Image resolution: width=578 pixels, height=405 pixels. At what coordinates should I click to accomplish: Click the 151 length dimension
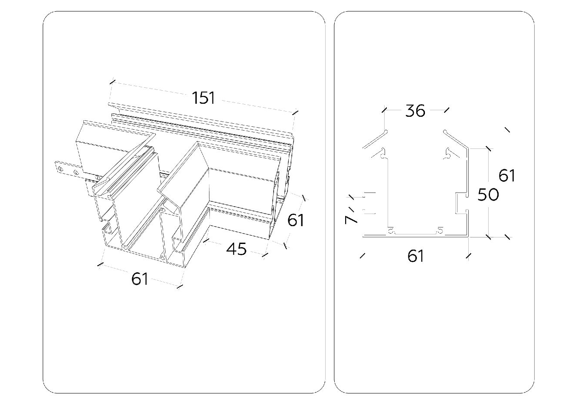pos(204,98)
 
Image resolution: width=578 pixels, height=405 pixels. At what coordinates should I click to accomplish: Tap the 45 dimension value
pos(237,249)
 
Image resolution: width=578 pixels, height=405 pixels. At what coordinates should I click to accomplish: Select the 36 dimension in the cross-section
pos(415,111)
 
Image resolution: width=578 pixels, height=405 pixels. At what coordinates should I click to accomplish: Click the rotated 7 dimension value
pos(352,217)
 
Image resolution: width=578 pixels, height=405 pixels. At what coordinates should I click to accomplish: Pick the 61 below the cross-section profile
pos(415,256)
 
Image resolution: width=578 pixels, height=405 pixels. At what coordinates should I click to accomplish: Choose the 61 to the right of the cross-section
pos(507,175)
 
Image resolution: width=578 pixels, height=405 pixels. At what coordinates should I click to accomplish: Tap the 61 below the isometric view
pos(140,279)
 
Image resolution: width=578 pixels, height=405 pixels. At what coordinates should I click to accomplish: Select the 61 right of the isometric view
pos(296,221)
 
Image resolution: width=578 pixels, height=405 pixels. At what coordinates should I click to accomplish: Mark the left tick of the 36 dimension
pos(384,111)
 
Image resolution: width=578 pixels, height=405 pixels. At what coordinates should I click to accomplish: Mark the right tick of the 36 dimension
pos(447,111)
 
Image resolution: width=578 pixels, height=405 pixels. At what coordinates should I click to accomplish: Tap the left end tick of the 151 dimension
pos(112,82)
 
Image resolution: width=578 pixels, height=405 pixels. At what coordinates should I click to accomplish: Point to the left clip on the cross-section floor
pos(392,230)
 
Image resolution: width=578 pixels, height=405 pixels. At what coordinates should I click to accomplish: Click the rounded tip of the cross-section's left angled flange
pos(386,130)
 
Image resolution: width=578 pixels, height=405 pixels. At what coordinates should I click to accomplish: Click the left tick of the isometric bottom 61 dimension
pos(101,263)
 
